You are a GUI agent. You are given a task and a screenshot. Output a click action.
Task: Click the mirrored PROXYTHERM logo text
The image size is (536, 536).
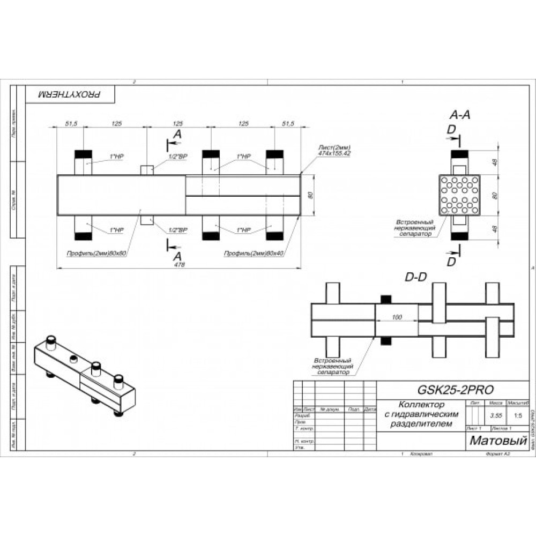[x=70, y=94]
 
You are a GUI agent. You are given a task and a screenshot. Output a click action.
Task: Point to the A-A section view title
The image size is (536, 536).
[x=459, y=115]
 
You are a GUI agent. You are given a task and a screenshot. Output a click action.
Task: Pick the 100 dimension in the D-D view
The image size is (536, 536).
[x=397, y=317]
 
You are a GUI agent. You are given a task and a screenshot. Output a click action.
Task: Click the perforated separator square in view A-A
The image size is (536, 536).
[x=459, y=195]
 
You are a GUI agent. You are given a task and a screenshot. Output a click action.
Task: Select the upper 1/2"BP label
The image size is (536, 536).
[x=177, y=156]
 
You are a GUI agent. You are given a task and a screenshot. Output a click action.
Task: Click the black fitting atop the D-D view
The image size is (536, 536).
[x=385, y=299]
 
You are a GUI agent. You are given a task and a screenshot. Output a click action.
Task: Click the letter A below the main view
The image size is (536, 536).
[x=177, y=256]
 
